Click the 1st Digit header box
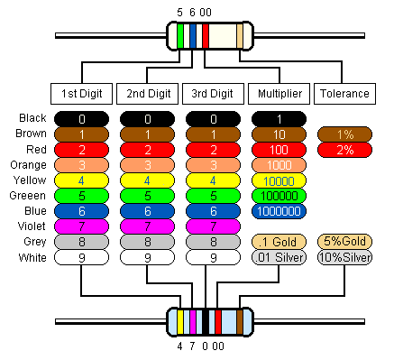pyautogui.click(x=82, y=93)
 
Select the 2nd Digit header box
pyautogui.click(x=148, y=93)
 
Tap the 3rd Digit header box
pyautogui.click(x=213, y=93)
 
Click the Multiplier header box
pyautogui.click(x=279, y=93)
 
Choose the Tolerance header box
pyautogui.click(x=344, y=93)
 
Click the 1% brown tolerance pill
pyautogui.click(x=344, y=134)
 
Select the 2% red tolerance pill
pyautogui.click(x=344, y=150)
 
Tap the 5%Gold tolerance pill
pyautogui.click(x=344, y=242)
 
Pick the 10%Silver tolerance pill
pyautogui.click(x=344, y=257)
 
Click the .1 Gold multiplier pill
pyautogui.click(x=279, y=242)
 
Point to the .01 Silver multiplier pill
pyautogui.click(x=279, y=257)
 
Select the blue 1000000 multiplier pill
pyautogui.click(x=279, y=211)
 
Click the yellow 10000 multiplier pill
pyautogui.click(x=279, y=180)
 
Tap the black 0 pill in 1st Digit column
pyautogui.click(x=82, y=119)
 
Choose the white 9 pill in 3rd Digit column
pyautogui.click(x=213, y=257)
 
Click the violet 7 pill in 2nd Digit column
pyautogui.click(x=148, y=226)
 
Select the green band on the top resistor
pyautogui.click(x=181, y=35)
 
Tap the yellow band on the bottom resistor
pyautogui.click(x=181, y=321)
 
